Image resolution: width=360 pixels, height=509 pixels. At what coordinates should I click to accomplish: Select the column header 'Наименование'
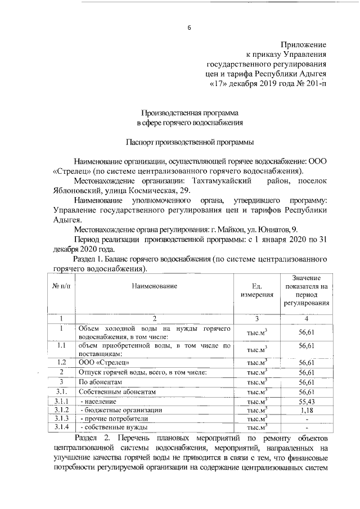pos(154,286)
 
